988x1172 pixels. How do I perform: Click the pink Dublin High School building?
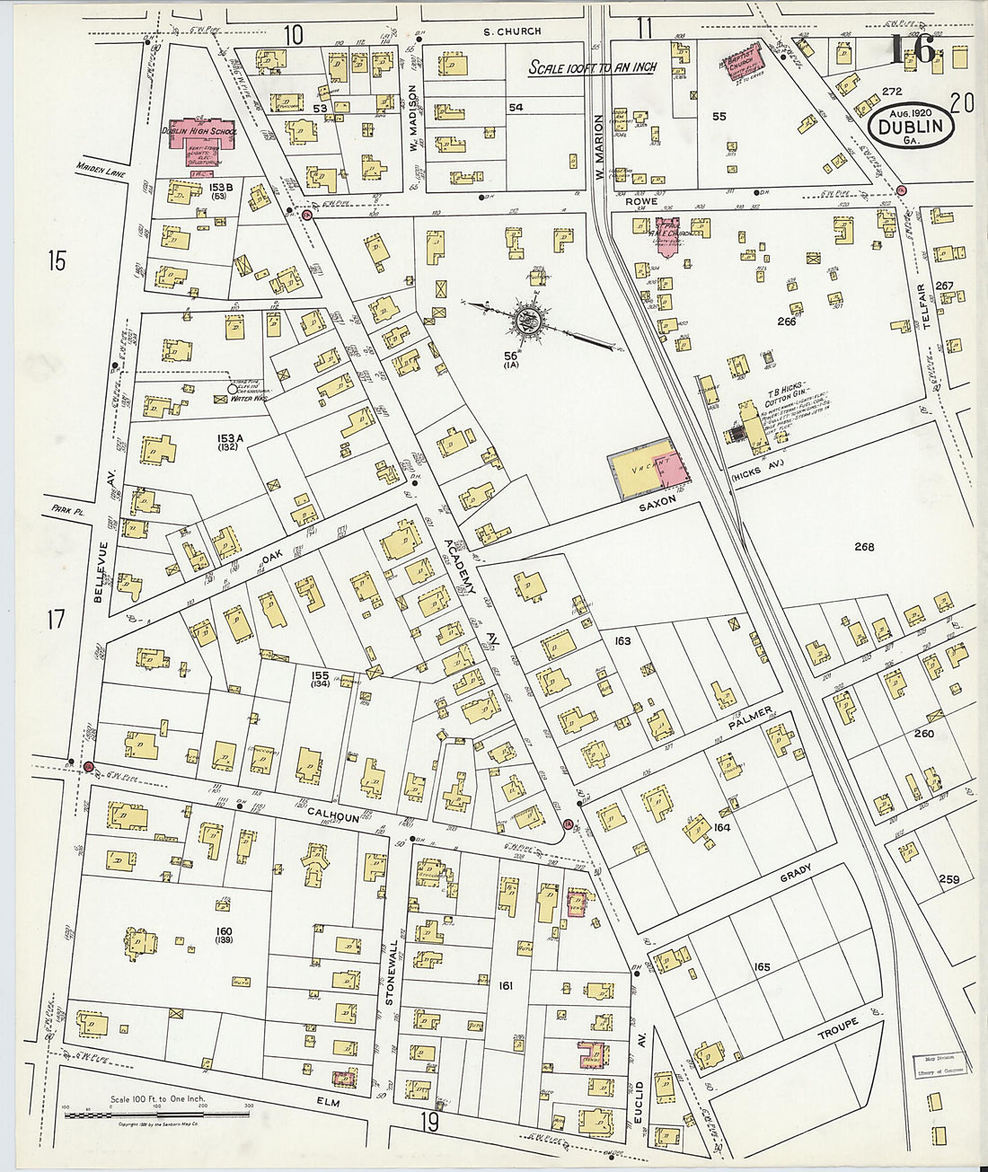click(199, 138)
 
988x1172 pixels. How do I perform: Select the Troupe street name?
click(837, 1029)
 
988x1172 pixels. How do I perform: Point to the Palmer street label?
click(750, 718)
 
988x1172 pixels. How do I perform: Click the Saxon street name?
click(657, 507)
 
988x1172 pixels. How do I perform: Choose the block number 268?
click(864, 547)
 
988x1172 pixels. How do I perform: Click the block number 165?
click(762, 967)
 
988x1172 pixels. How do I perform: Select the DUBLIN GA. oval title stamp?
click(912, 128)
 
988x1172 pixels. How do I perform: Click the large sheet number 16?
click(913, 50)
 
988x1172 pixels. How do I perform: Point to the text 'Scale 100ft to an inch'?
click(592, 67)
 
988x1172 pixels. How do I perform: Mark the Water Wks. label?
click(243, 398)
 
